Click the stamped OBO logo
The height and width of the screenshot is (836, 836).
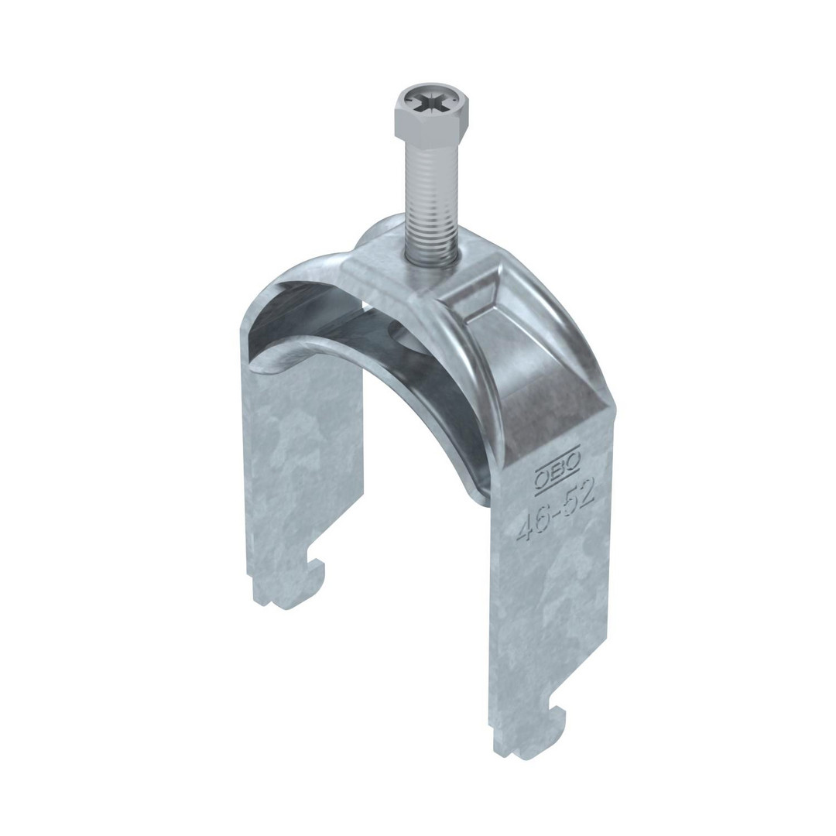point(559,468)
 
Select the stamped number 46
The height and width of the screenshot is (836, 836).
point(534,524)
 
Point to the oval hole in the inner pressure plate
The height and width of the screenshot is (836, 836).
point(405,337)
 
